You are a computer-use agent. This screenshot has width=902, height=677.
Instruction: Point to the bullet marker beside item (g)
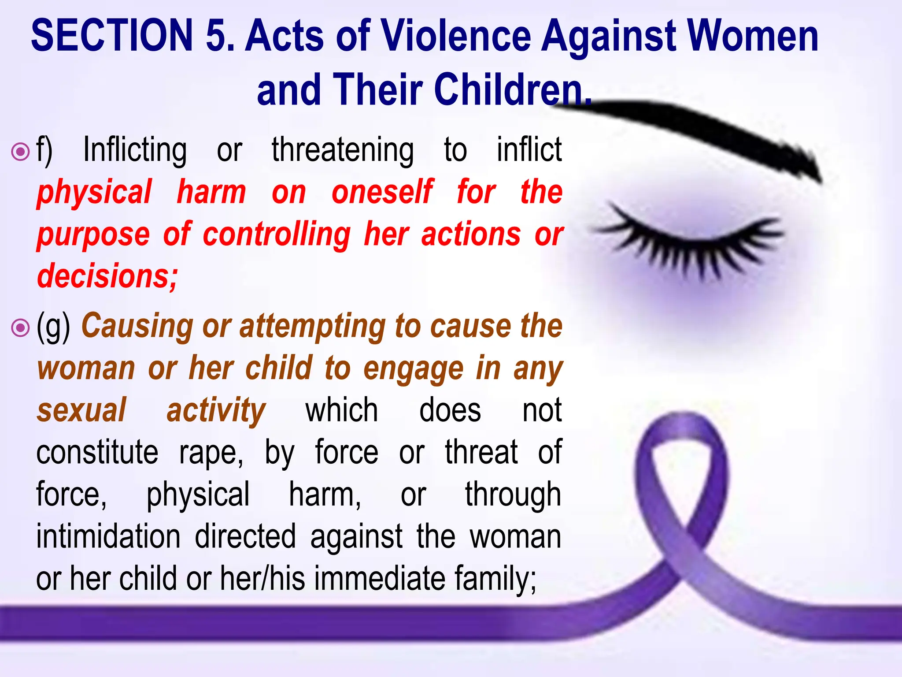coord(20,327)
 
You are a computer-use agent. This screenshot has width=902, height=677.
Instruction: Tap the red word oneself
coord(382,193)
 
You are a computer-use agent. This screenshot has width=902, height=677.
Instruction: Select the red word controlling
coord(277,234)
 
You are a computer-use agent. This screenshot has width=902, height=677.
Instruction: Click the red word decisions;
coord(107,276)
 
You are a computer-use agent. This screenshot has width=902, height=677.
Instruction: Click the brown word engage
coord(413,368)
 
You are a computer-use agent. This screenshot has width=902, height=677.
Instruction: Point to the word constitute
coord(97,452)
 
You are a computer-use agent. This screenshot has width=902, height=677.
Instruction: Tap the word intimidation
coord(108,537)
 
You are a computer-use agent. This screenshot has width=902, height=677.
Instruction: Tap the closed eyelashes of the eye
coord(687,242)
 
